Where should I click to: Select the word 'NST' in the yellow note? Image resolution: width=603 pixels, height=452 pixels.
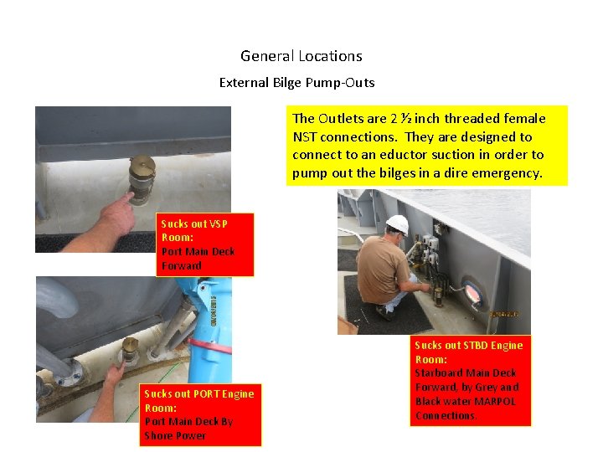(306, 136)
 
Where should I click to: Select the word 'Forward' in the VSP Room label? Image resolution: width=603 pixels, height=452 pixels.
(182, 266)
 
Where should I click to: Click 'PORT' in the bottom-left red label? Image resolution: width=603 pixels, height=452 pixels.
(205, 393)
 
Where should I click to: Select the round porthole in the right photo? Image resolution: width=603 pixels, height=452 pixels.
(472, 294)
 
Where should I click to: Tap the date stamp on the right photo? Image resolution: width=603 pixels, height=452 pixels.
(504, 314)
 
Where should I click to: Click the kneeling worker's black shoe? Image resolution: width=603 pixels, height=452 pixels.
(384, 312)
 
